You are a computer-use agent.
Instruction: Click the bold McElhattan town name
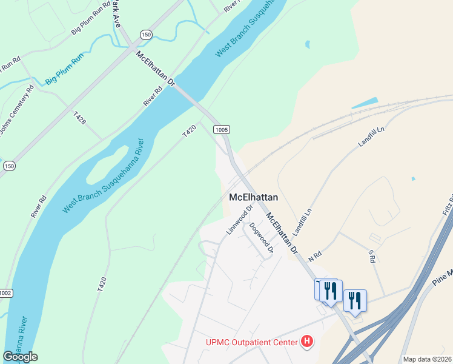pos(254,197)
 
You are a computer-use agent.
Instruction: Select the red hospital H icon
pos(308,342)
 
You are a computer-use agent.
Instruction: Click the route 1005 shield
pos(221,129)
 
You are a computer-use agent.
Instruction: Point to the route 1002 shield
pos(5,293)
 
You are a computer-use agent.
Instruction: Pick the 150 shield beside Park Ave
pos(146,35)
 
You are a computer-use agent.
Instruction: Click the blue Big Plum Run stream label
pos(64,69)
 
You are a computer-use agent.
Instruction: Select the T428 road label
pos(79,117)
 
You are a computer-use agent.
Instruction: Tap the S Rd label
pos(372,255)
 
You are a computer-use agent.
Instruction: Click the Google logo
pos(20,357)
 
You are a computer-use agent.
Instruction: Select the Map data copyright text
pos(428,359)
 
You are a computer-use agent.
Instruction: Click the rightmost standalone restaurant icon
pos(355,300)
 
